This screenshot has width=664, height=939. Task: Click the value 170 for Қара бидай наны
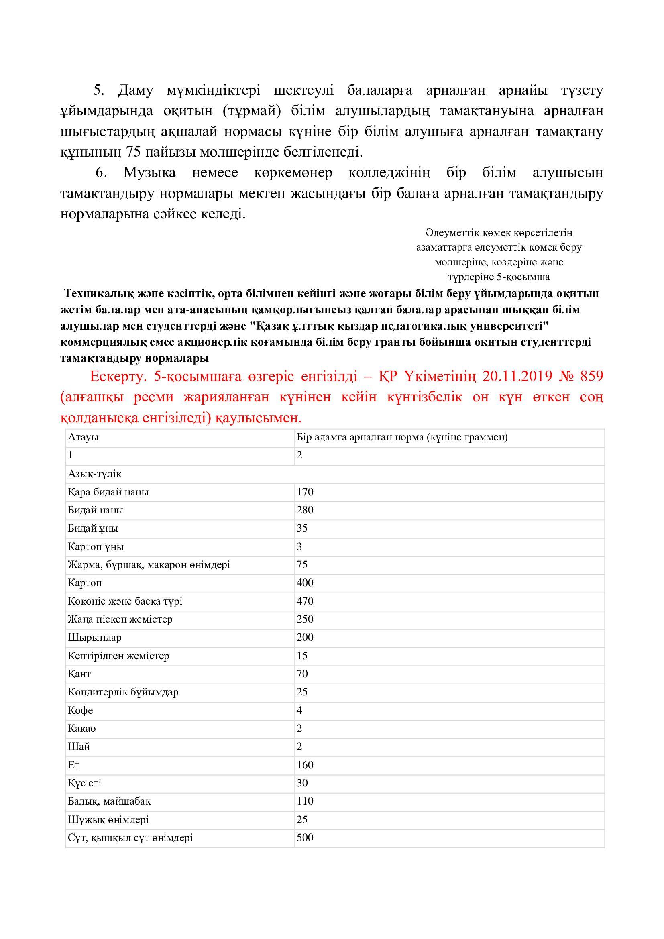(305, 492)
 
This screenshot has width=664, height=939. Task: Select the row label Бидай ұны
(93, 528)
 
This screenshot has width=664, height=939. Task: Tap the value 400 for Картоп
(305, 583)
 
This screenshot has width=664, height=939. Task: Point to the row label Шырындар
(94, 637)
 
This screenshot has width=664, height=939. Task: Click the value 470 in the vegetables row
(305, 601)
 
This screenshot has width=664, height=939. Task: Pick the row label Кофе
(81, 710)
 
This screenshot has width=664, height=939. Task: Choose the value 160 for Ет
(305, 765)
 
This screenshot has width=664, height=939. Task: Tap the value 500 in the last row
(305, 837)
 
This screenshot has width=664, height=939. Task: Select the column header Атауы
(83, 437)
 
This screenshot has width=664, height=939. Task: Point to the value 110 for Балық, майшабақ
(305, 801)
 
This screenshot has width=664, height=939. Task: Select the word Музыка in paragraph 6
(150, 173)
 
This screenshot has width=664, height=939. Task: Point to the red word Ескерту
(118, 376)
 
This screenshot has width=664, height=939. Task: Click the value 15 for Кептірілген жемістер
(302, 656)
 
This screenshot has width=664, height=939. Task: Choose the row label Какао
(82, 728)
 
